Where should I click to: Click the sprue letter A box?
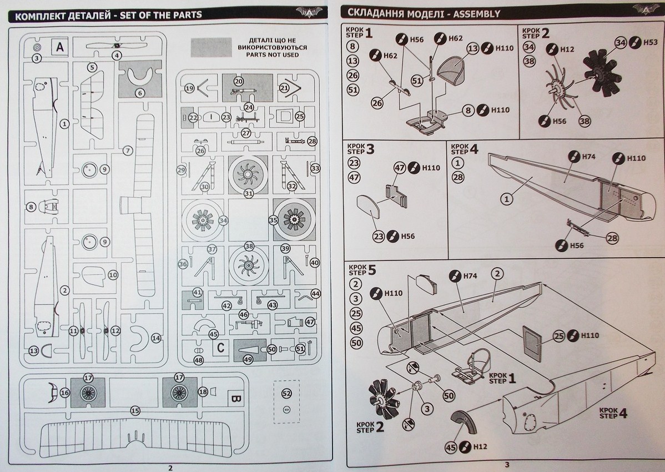60,48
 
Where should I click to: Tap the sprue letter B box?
234,398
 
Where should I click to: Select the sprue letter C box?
220,348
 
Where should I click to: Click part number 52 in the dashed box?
286,393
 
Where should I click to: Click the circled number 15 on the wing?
134,410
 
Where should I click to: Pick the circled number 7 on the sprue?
128,150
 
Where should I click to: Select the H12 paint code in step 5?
481,446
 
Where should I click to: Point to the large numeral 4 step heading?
473,149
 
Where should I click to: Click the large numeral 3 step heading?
371,149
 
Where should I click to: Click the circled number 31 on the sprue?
248,193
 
